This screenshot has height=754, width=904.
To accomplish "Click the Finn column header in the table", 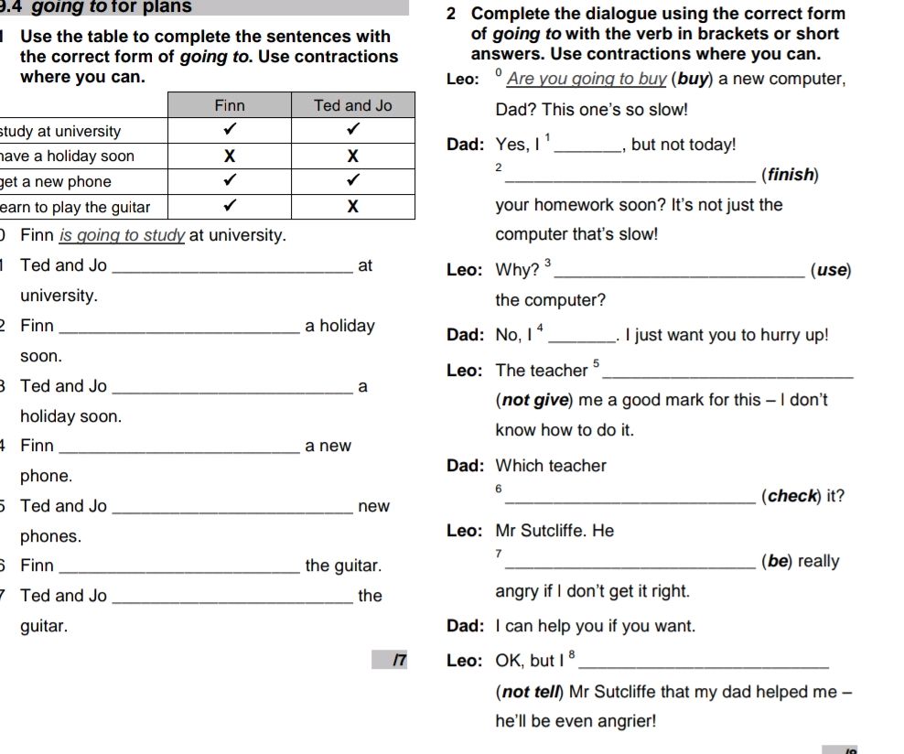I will tap(230, 105).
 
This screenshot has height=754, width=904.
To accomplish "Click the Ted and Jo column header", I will tap(352, 105).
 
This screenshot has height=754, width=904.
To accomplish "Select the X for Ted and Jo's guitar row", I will tap(353, 207).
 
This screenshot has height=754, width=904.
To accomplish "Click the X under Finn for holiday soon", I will tap(231, 156).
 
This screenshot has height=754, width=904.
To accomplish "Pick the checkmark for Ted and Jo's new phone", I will tap(353, 181).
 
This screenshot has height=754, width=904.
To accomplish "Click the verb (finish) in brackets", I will tap(790, 175).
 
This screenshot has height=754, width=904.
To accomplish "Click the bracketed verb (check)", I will tap(791, 497).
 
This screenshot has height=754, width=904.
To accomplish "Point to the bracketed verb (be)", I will tap(777, 562).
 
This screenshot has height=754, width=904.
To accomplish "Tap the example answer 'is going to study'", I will tap(123, 236).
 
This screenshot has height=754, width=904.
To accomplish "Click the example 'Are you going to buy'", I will tap(587, 79).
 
